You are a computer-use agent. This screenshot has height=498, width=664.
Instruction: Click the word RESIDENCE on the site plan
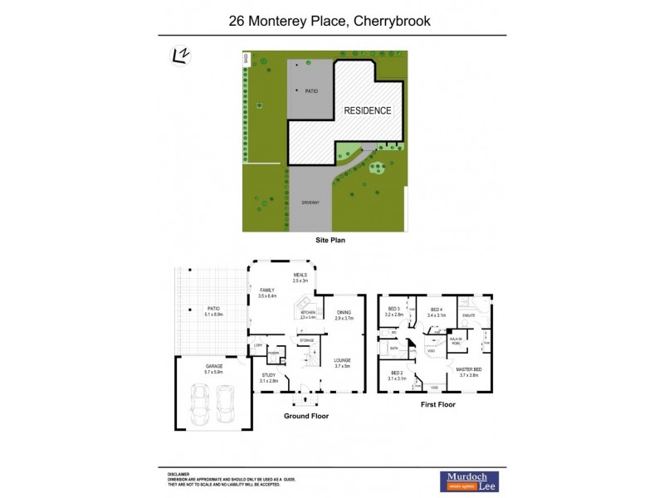[368, 110]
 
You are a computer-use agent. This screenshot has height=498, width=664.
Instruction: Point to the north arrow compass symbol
[178, 56]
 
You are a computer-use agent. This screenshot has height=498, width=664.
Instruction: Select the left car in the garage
[200, 403]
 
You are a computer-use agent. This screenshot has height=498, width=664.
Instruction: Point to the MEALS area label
[300, 276]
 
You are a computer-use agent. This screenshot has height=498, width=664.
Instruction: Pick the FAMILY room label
[266, 290]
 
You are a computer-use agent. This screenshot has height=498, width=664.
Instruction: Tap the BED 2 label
[397, 373]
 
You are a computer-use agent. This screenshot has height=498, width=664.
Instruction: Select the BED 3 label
[393, 309]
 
